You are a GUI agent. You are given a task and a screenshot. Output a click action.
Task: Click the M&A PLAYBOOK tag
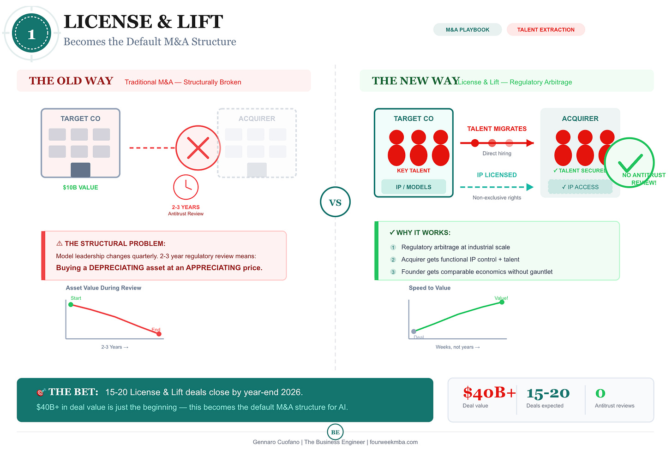(467, 30)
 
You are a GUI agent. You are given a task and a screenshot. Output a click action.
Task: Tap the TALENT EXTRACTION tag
(546, 30)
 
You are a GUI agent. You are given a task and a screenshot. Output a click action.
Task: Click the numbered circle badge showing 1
(31, 34)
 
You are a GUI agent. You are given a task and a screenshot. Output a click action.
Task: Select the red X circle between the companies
(198, 148)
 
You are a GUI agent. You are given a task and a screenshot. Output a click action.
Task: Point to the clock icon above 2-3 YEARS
(186, 187)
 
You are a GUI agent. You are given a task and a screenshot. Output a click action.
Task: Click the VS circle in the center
(335, 202)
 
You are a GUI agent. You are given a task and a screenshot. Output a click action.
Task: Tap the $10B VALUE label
(80, 188)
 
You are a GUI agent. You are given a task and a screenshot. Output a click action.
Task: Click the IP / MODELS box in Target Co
(414, 187)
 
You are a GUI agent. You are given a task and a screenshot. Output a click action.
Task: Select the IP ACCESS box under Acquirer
(580, 187)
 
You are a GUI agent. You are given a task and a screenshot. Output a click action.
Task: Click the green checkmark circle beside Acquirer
(630, 162)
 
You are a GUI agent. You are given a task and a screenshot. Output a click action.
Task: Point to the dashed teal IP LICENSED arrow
(497, 187)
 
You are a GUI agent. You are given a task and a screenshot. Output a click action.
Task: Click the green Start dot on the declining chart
(71, 304)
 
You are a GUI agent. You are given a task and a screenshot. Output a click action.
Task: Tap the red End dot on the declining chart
(159, 334)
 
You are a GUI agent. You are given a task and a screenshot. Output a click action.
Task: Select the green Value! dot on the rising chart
(502, 302)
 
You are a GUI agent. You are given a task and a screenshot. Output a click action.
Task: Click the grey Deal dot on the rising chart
(414, 331)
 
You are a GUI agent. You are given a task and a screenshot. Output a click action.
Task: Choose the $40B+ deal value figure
(489, 393)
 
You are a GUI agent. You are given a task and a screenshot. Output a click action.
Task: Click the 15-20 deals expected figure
(548, 393)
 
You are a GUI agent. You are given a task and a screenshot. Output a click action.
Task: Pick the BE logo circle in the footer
(335, 432)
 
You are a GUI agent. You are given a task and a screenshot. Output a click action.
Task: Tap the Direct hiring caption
(497, 154)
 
